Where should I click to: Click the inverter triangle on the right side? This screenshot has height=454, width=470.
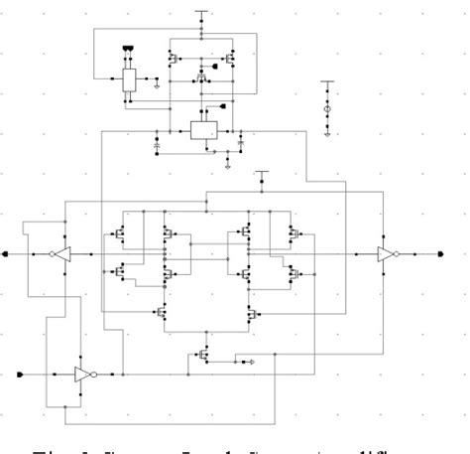[x=385, y=254]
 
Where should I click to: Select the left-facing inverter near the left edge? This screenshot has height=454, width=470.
[x=62, y=254]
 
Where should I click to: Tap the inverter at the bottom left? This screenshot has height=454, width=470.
[x=81, y=375]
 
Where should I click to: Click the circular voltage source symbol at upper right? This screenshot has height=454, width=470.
[x=328, y=106]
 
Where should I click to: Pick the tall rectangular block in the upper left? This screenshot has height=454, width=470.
[x=129, y=81]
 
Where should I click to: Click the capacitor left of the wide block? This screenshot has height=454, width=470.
[x=156, y=146]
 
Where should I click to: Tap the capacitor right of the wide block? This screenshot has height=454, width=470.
[x=240, y=146]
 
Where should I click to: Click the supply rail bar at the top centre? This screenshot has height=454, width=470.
[x=201, y=13]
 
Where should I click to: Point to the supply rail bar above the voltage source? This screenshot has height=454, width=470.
[x=328, y=82]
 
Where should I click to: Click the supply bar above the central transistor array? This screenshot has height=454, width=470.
[x=262, y=172]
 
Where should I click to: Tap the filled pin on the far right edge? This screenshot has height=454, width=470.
[x=440, y=254]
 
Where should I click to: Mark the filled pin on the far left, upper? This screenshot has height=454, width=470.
[x=9, y=254]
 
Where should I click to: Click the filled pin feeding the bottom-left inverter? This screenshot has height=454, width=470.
[x=21, y=375]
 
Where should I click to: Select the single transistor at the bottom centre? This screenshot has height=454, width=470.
[x=203, y=353]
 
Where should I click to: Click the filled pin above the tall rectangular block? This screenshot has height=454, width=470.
[x=127, y=47]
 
